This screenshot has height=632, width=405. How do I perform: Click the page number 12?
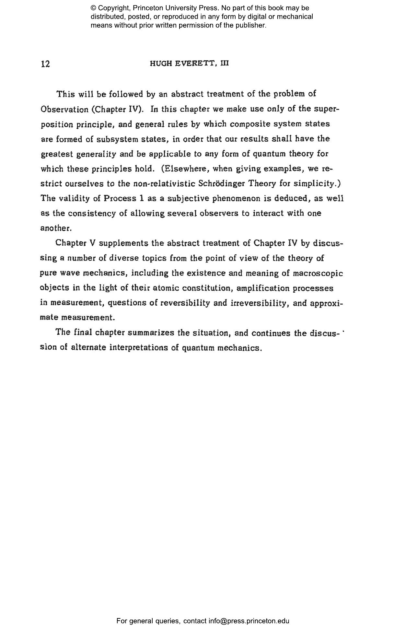46,64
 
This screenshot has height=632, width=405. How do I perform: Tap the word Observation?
64,109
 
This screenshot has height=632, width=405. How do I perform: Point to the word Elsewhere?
187,169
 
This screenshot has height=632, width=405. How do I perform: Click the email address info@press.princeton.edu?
249,621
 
